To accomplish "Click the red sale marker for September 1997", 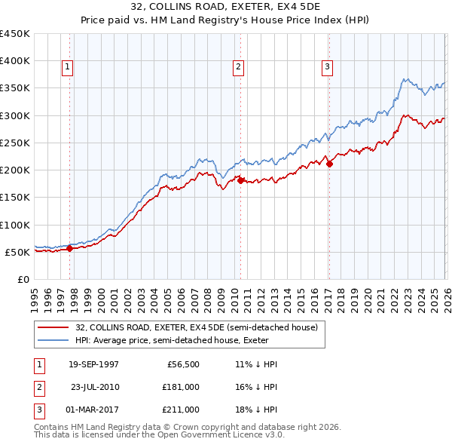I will (70, 248).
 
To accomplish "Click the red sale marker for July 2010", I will (240, 180).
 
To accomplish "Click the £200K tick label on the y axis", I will (14, 170).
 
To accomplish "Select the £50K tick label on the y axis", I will (17, 252).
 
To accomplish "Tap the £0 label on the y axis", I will (24, 279).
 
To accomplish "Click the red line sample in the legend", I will (53, 327).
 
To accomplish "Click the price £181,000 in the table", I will (181, 386).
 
